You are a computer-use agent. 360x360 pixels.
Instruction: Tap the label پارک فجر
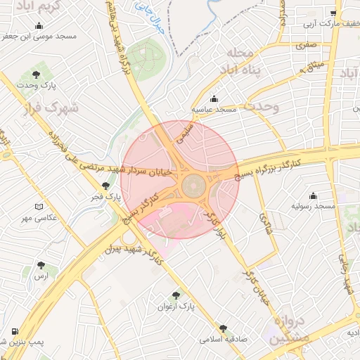[x=107, y=198]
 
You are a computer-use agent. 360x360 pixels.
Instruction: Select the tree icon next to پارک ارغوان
[x=176, y=295]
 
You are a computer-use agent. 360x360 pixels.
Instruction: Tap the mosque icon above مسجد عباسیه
[x=214, y=98]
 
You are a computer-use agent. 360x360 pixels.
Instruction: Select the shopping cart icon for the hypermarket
[x=333, y=13]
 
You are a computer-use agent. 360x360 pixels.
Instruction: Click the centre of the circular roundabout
[x=193, y=186]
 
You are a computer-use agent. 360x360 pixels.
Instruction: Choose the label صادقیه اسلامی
[x=221, y=338]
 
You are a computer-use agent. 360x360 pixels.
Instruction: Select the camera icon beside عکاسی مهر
[x=39, y=207]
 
